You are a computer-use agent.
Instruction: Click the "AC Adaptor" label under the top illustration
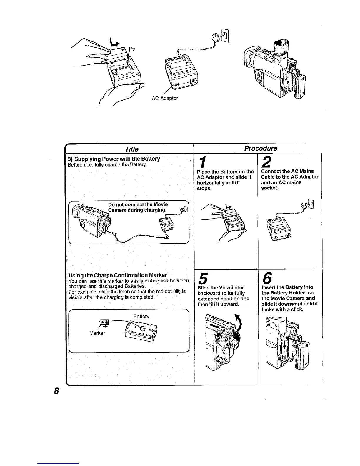point(165,98)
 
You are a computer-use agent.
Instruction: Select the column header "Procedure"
point(261,148)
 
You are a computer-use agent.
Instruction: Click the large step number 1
point(202,162)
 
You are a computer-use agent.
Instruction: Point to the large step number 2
point(266,162)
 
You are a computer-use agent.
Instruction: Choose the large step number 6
point(267,277)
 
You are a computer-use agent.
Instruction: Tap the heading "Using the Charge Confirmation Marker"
point(118,276)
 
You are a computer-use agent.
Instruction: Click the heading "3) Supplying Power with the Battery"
point(114,159)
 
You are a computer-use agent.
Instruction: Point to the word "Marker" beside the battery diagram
point(97,333)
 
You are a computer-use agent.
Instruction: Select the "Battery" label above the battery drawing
point(141,317)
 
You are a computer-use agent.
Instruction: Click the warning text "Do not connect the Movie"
point(138,204)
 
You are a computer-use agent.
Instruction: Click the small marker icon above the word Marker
point(104,322)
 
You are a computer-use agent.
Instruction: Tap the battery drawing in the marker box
point(141,332)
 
